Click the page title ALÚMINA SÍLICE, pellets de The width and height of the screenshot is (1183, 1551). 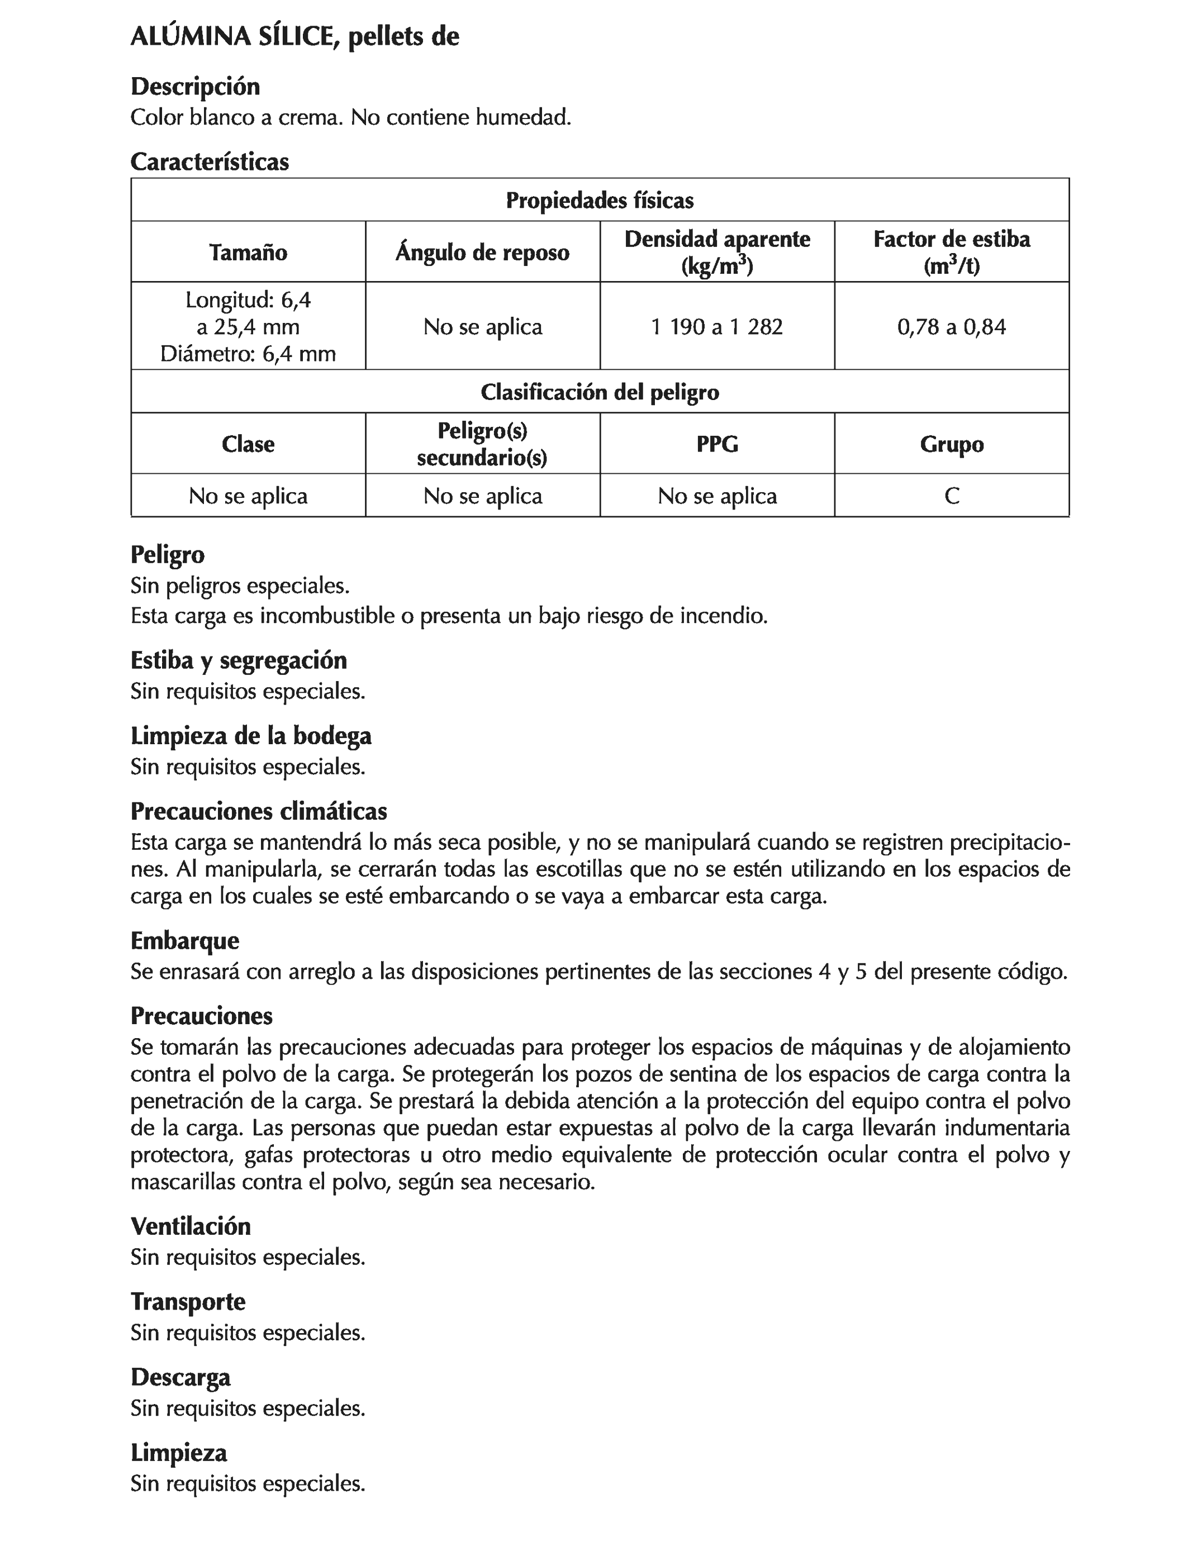[294, 37]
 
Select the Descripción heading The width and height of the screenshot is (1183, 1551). [195, 87]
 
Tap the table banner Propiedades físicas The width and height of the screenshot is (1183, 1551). [599, 201]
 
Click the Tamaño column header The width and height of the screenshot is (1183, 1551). [248, 252]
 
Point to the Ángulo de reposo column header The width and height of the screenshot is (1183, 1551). [482, 252]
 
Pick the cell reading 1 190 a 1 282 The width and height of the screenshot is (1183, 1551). [717, 327]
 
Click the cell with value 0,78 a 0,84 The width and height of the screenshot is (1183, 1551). [951, 327]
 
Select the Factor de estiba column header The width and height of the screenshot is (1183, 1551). [951, 252]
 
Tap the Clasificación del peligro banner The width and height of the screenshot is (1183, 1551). [599, 392]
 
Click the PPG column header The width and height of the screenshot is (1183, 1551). [717, 444]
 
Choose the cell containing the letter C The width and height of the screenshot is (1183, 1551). [951, 496]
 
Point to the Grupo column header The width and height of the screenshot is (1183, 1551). [951, 444]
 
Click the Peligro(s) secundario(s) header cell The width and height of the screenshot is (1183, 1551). [482, 444]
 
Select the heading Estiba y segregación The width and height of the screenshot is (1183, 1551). [239, 660]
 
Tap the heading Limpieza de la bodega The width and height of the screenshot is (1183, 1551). [251, 736]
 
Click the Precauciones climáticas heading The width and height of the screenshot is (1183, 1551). [258, 812]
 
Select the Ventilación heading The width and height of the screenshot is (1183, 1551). [190, 1226]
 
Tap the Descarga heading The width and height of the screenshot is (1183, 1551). [180, 1378]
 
